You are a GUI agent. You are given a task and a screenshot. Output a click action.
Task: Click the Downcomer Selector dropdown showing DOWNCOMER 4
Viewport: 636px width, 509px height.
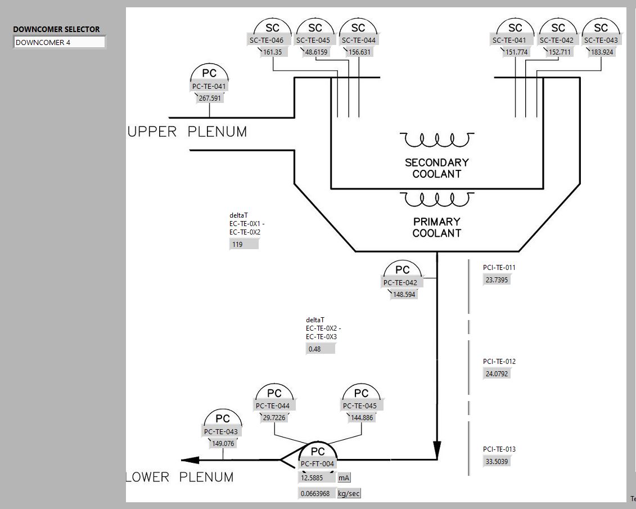pos(59,42)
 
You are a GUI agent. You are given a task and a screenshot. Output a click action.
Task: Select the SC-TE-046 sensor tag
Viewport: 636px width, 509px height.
pos(270,40)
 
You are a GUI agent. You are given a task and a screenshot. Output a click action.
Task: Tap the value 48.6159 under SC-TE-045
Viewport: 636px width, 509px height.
pos(316,52)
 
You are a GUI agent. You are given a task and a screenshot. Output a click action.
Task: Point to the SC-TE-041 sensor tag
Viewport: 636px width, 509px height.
pos(509,40)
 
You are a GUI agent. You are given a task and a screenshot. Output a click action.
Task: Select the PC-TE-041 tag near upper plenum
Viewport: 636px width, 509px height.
pos(209,87)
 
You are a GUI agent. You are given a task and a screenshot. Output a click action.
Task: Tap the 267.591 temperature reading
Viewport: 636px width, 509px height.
pos(210,98)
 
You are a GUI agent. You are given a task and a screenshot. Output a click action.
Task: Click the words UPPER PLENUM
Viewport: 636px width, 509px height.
pos(187,132)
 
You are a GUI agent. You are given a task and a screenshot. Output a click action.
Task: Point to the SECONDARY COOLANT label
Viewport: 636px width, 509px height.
pos(437,168)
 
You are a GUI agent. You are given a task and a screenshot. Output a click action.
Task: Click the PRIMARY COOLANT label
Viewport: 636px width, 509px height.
pos(437,227)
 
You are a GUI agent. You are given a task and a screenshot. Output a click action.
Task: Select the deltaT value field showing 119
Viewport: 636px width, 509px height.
pos(244,245)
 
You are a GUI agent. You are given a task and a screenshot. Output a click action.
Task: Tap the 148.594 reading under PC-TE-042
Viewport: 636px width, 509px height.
pos(404,294)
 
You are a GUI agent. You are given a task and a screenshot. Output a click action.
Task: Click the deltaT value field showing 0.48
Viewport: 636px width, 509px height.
pos(321,349)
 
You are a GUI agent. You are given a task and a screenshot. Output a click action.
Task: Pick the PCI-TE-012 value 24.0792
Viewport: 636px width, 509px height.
pos(497,374)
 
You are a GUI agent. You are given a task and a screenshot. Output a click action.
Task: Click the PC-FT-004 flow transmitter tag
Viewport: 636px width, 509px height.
pos(317,464)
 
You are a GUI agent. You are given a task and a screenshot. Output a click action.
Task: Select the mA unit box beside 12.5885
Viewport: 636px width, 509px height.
pos(344,478)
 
